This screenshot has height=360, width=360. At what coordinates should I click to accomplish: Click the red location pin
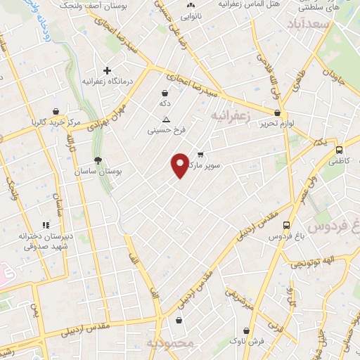(180, 165)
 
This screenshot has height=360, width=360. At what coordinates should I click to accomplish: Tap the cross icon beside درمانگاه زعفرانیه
(107, 70)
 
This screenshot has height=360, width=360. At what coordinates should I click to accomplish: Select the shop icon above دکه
(165, 92)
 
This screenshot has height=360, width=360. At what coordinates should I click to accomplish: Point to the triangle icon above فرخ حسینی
(166, 119)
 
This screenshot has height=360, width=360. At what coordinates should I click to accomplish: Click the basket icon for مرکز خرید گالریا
(56, 110)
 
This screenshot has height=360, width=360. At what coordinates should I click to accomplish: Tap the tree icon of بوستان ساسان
(97, 160)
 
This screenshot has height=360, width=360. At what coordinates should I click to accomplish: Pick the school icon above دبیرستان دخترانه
(46, 225)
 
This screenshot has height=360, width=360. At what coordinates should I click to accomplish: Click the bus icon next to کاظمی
(340, 150)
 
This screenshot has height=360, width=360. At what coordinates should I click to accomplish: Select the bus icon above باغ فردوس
(286, 225)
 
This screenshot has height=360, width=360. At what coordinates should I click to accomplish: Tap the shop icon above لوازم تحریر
(278, 112)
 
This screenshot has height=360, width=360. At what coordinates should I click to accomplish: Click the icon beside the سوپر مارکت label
(200, 155)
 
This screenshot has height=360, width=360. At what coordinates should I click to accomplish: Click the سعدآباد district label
(309, 25)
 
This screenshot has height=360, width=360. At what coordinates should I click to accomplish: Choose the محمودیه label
(169, 343)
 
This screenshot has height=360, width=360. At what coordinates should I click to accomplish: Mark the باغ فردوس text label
(288, 237)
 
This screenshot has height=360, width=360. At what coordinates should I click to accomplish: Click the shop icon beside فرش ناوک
(245, 330)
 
